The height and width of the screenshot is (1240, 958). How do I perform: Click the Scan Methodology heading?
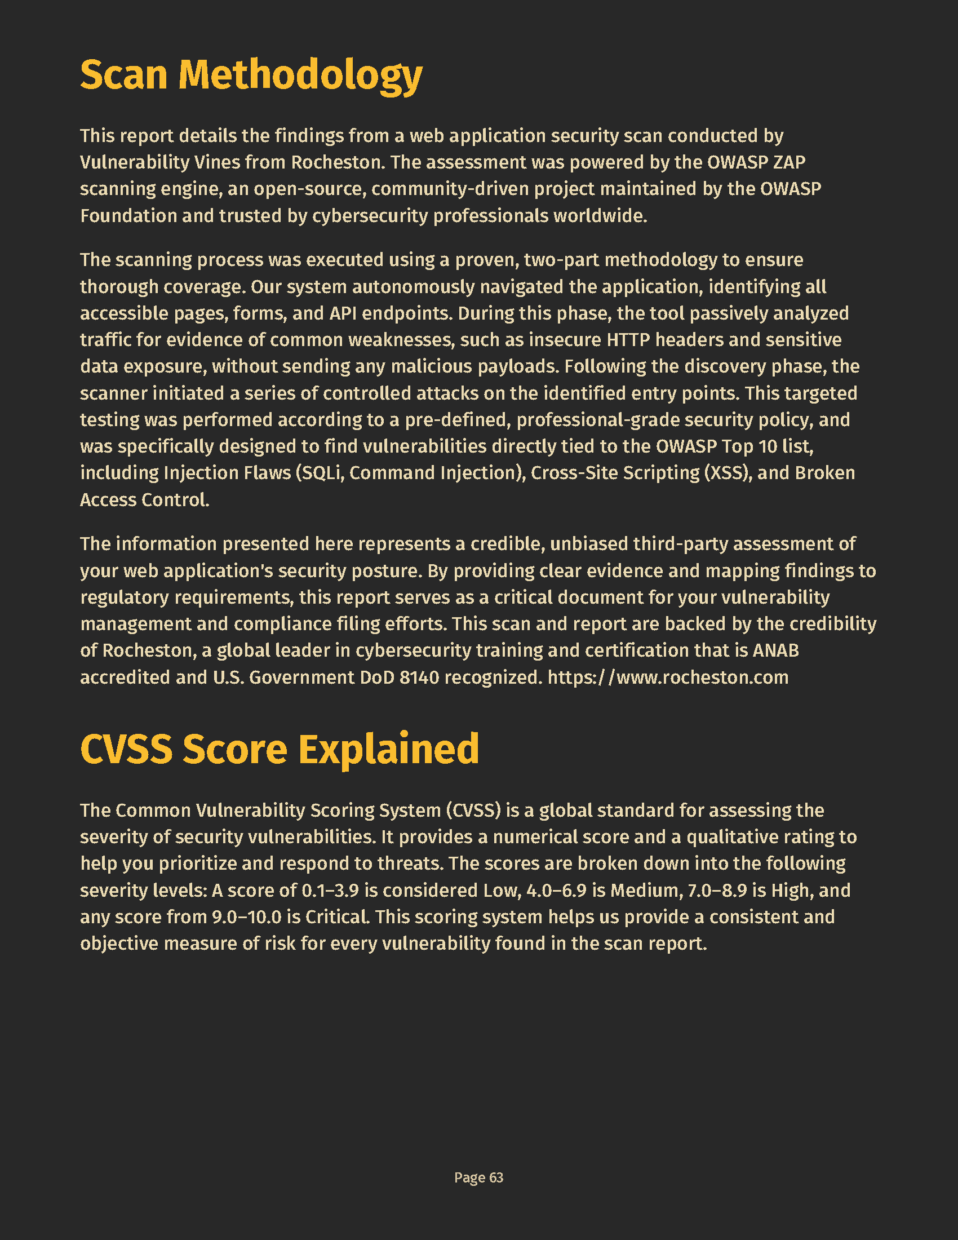point(251,75)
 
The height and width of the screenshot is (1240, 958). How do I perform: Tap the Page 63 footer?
point(478,1177)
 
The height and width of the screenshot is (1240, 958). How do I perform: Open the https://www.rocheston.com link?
point(668,677)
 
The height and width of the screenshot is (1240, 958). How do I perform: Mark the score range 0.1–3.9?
point(330,890)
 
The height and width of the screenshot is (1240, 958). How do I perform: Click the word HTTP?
point(628,339)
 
